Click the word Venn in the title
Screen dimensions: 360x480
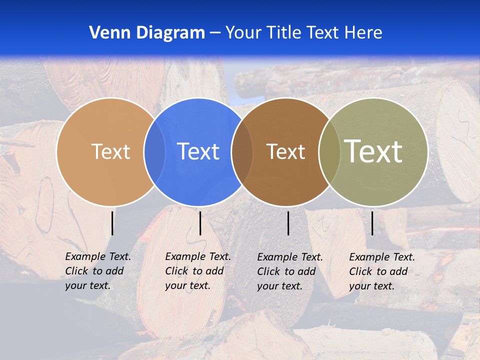coord(106,33)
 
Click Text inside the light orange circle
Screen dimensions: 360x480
coord(110,151)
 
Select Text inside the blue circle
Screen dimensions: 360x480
coord(198,151)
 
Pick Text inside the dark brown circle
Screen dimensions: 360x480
coord(285,151)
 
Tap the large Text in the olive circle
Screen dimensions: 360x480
coord(373,151)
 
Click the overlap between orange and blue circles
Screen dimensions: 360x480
coord(154,151)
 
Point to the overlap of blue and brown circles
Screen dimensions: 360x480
coord(242,151)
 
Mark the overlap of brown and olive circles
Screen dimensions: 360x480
coord(329,151)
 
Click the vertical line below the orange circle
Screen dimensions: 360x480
coord(112,223)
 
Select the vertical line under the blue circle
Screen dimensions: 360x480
coord(200,223)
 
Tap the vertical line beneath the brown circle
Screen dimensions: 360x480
coord(288,223)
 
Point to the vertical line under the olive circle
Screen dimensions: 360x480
coord(372,223)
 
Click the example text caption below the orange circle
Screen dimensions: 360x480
coord(97,271)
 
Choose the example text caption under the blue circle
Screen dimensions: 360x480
coord(197,271)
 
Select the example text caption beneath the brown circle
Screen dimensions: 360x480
coord(289,271)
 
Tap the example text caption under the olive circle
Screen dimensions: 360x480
coord(381,271)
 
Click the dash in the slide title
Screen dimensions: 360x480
coord(215,33)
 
